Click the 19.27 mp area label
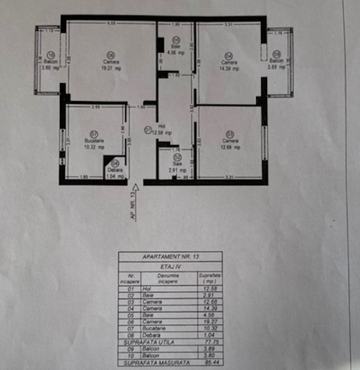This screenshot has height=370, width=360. point(110,69)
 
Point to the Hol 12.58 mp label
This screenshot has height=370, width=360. point(163,132)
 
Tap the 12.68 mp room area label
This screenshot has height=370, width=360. point(230,147)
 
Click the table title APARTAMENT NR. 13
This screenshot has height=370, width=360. point(170,257)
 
